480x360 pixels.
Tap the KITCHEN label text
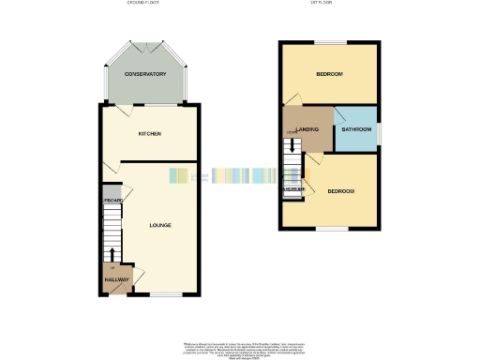pos(150,134)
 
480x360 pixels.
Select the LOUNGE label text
pos(159,225)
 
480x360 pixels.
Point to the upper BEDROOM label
pos(328,74)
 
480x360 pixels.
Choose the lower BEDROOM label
pos(340,191)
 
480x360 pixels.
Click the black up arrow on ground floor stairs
pos(113,254)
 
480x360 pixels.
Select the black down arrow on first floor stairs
pos(293,144)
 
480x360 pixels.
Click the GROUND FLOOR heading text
pos(143,3)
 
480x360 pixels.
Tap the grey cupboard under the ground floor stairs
pos(113,201)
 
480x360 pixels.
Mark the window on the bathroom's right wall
pos(380,130)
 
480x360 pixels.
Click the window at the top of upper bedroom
pos(329,42)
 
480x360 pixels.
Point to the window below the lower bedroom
pos(329,229)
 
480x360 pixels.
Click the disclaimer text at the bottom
pos(240,348)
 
